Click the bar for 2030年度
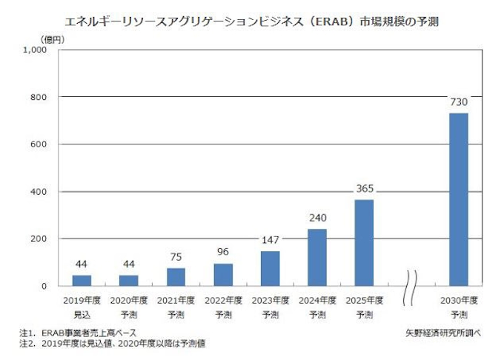click(x=459, y=199)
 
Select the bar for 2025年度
click(x=364, y=242)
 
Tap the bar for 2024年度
click(x=316, y=257)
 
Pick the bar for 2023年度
click(x=270, y=268)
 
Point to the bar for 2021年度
click(x=176, y=276)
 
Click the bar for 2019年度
click(x=82, y=280)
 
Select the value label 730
click(x=459, y=102)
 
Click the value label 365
click(x=364, y=189)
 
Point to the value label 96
click(x=222, y=252)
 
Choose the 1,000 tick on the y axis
click(x=35, y=50)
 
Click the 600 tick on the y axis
click(x=39, y=144)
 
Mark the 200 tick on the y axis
click(x=39, y=239)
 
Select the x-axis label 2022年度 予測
click(x=222, y=307)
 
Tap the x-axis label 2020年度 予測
click(x=128, y=307)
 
